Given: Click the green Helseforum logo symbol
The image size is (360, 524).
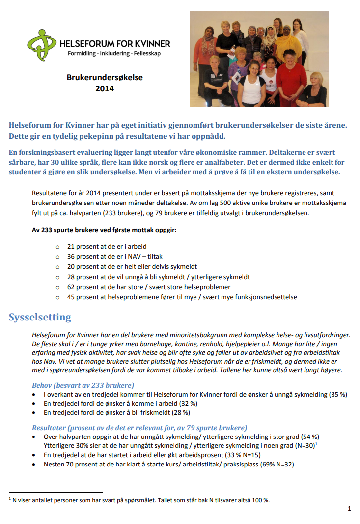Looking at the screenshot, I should (41, 43).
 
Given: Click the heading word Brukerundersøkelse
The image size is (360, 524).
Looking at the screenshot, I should (105, 77).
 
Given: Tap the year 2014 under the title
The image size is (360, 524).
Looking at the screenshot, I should (105, 89).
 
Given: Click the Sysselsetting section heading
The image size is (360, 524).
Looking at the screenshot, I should (39, 317).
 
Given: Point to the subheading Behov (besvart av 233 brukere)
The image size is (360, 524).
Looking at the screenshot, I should (83, 385).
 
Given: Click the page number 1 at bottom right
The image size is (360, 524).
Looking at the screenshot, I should (349, 509).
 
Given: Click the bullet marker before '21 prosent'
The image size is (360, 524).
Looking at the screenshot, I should (58, 247).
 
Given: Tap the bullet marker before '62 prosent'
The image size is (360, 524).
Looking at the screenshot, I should (58, 287).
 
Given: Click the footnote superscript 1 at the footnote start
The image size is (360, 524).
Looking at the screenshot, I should (10, 499).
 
